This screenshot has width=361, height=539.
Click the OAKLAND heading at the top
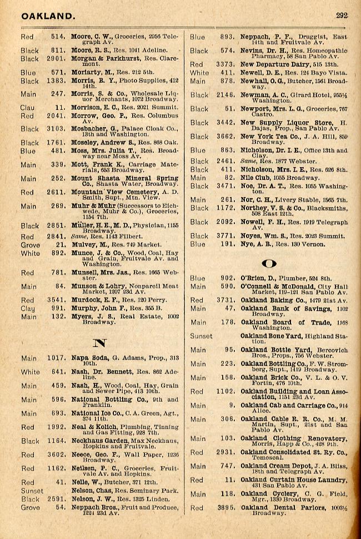coord(48,16)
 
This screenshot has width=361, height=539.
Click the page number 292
coord(342,16)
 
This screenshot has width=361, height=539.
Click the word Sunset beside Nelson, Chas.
coord(32,491)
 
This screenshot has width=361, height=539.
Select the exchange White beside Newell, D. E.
coord(199,73)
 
